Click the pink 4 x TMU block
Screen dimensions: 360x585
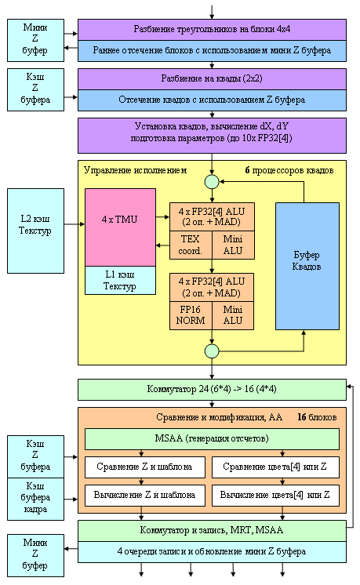(120, 227)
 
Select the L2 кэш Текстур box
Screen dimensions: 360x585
(35, 231)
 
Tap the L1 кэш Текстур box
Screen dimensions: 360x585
(120, 280)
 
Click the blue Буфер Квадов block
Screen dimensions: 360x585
(307, 266)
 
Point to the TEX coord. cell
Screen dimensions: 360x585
(191, 245)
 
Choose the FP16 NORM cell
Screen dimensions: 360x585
(191, 315)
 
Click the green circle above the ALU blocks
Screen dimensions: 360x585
(212, 182)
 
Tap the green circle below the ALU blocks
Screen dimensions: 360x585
(212, 351)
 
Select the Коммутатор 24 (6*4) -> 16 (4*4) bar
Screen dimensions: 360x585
(212, 390)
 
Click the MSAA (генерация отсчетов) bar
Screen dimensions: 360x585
(212, 439)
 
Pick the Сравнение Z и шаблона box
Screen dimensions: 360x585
(145, 467)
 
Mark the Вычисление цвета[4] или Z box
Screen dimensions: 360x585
(275, 496)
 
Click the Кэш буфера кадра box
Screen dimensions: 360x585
(35, 499)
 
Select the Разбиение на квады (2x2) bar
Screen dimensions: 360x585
(212, 78)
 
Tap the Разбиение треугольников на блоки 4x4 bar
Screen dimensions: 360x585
(212, 30)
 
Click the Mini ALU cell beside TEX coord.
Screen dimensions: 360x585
(233, 245)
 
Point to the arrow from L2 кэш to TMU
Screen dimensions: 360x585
(75, 224)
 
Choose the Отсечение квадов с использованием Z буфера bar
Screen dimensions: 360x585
(212, 100)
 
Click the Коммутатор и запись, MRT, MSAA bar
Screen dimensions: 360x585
(212, 531)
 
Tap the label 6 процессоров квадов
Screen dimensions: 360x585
(289, 170)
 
